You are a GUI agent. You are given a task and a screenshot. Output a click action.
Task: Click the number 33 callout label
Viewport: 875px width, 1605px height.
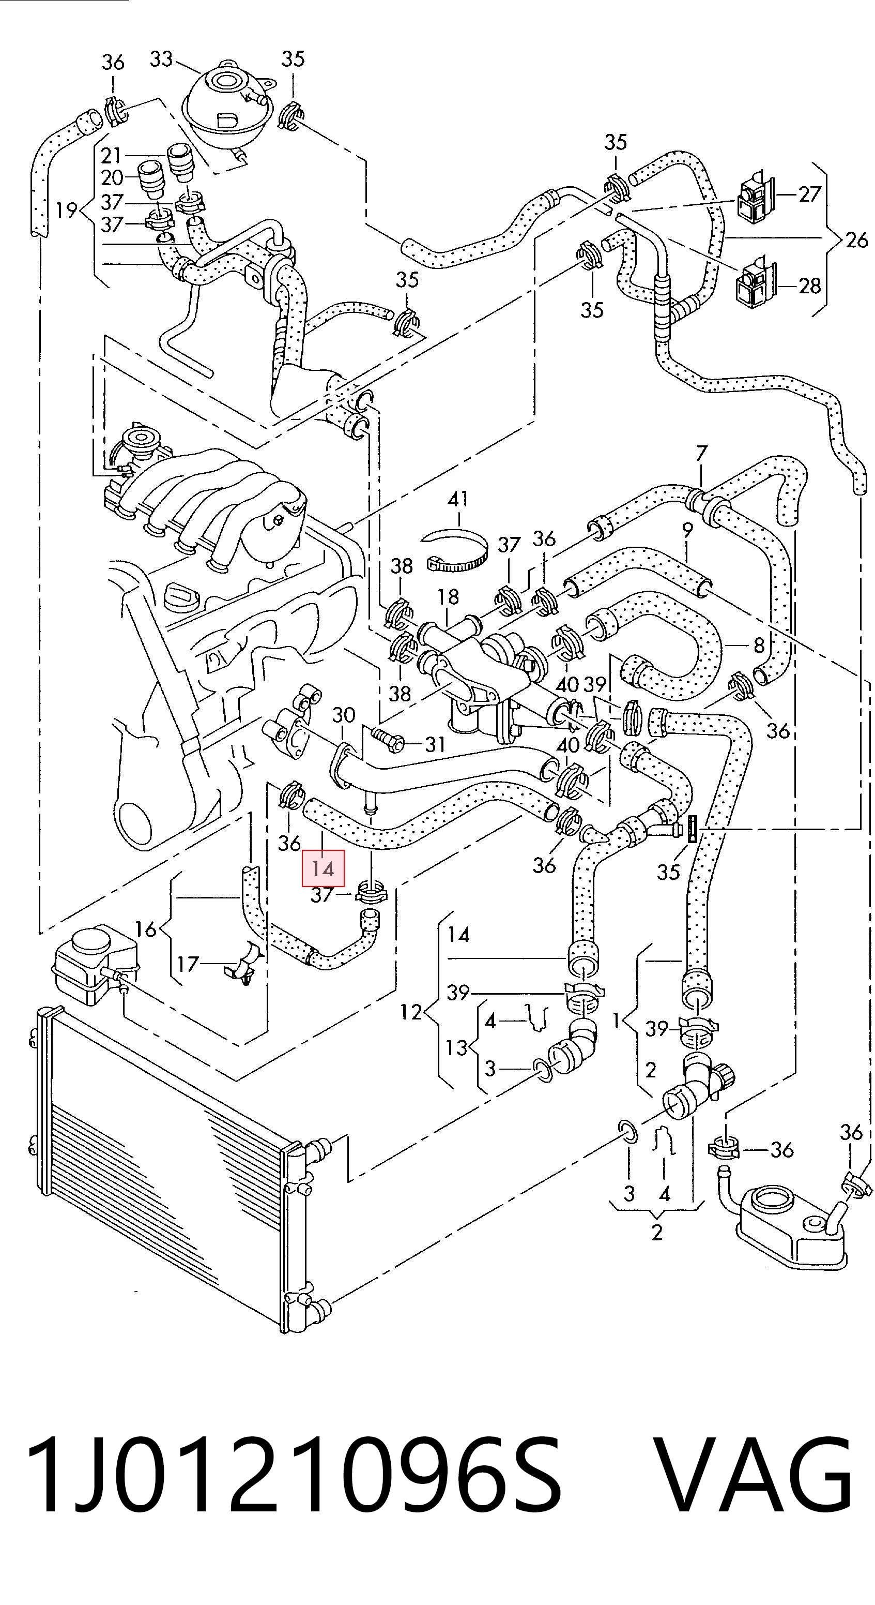coord(161,59)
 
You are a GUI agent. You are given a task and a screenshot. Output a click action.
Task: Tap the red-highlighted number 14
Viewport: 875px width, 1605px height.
coord(323,868)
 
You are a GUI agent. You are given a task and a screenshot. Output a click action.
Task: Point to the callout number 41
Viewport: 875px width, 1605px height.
coord(458,499)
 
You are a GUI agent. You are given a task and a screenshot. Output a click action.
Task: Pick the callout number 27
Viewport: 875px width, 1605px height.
coord(809,194)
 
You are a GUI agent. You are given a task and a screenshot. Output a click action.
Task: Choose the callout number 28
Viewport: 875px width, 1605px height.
coord(809,286)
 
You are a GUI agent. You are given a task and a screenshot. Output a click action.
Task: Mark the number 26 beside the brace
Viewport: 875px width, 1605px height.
coord(856,240)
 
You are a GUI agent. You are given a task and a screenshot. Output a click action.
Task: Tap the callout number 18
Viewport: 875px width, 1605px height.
coord(448,597)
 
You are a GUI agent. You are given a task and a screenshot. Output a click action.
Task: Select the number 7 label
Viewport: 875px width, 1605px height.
coord(702,454)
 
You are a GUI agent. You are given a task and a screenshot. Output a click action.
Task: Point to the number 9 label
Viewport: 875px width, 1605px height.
coord(687,531)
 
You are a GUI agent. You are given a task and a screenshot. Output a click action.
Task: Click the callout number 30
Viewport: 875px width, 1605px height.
coord(343,715)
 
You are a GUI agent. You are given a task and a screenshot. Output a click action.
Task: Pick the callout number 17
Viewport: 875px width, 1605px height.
coord(188,965)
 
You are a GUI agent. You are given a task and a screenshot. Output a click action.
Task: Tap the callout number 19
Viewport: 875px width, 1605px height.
coord(66,210)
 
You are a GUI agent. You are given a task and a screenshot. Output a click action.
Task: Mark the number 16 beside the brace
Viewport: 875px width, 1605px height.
coord(146,929)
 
